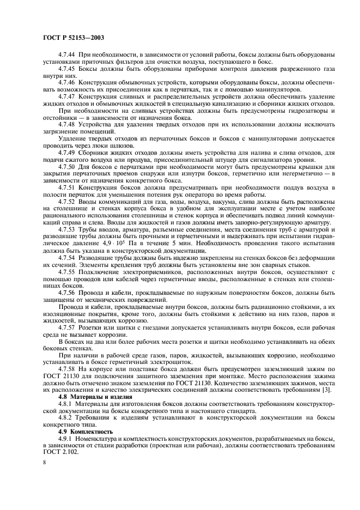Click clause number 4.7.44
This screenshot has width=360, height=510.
pyautogui.click(x=68, y=56)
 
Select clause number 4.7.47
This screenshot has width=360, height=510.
pyautogui.click(x=68, y=95)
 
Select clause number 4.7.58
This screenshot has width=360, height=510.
pyautogui.click(x=68, y=369)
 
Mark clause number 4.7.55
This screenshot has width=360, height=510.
pyautogui.click(x=68, y=271)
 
